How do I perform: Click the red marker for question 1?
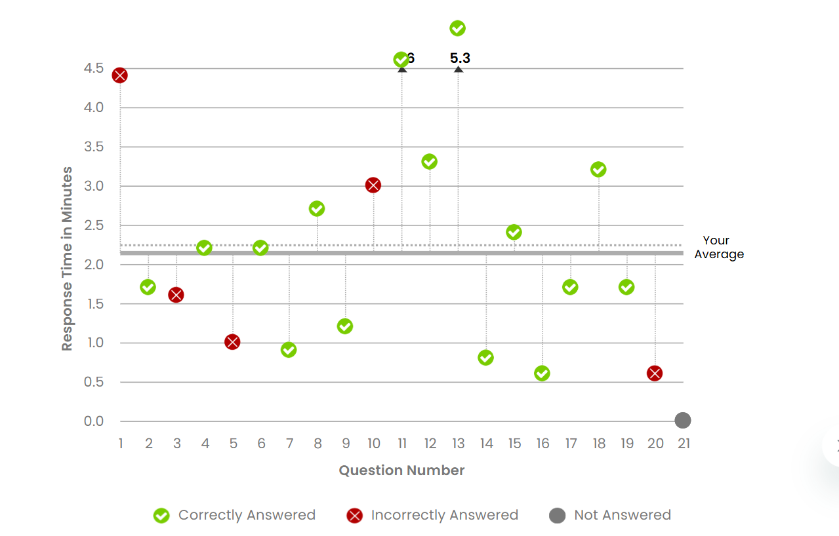(119, 75)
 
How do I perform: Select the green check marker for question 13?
(458, 28)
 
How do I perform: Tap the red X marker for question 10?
(373, 185)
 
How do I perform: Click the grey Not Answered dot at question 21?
(683, 420)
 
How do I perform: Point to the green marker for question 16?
(542, 373)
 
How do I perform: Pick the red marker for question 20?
(655, 373)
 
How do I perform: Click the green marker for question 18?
(598, 170)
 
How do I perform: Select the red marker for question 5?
(232, 342)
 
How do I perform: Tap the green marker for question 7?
(289, 350)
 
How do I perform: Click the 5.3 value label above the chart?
(460, 58)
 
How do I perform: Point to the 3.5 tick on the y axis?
(94, 147)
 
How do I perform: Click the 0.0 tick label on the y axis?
(94, 421)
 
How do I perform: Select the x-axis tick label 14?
(486, 444)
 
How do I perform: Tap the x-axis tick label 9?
(346, 444)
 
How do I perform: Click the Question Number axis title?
(401, 470)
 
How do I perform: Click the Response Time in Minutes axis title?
(67, 259)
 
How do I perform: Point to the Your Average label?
(719, 248)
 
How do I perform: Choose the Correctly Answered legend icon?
(161, 516)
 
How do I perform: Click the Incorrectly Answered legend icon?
(354, 516)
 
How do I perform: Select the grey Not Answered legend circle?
(557, 516)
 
